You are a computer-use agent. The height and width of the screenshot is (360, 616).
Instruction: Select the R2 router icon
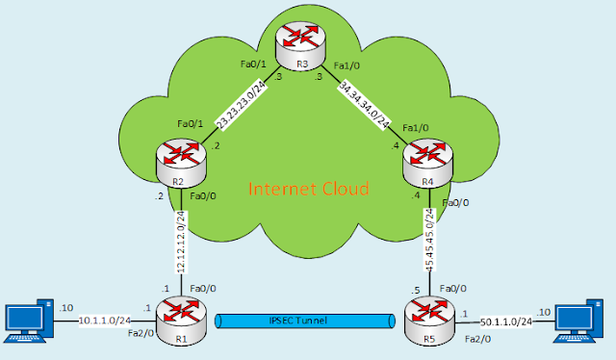coord(183,160)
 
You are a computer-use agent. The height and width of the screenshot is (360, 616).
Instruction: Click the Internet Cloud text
coord(308,189)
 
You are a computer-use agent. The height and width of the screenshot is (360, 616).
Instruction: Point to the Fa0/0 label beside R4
coord(456,203)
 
